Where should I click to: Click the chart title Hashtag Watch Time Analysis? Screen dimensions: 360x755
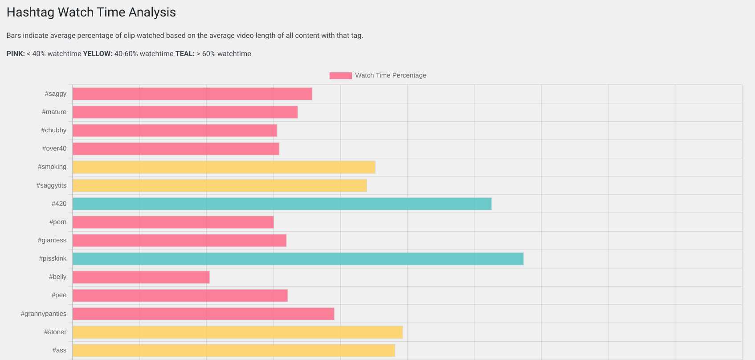click(91, 12)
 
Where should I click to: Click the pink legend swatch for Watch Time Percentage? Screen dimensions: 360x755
click(340, 76)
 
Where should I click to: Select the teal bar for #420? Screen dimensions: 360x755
click(282, 204)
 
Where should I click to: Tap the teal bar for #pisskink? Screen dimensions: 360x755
click(298, 259)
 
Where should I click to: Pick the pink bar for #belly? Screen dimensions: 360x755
click(141, 277)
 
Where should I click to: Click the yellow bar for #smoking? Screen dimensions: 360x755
click(224, 167)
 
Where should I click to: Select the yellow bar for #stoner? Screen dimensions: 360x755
click(237, 332)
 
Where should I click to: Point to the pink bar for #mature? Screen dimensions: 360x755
click(185, 112)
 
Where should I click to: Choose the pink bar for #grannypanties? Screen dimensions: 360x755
click(203, 314)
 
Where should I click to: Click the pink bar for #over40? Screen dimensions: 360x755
click(175, 149)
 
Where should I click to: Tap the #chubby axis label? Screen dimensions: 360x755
click(53, 130)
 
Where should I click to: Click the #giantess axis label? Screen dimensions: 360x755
click(52, 240)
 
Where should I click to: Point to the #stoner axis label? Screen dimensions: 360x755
click(55, 332)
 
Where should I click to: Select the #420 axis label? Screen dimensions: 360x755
click(59, 204)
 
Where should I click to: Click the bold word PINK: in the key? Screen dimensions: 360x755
click(16, 54)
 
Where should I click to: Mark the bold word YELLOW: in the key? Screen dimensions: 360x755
click(98, 54)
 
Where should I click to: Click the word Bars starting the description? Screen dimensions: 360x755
click(14, 36)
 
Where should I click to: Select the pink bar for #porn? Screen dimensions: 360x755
click(173, 222)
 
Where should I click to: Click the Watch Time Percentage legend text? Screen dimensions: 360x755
click(391, 75)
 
